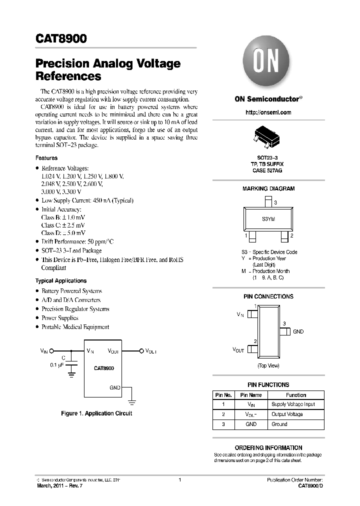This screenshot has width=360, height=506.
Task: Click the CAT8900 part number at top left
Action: (61, 39)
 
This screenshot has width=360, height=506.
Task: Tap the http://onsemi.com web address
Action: (268, 112)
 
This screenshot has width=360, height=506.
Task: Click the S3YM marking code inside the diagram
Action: (268, 219)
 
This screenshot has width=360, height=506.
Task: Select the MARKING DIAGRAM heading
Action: (268, 189)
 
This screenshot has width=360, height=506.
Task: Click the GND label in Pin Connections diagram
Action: (298, 331)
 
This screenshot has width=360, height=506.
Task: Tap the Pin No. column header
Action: (223, 395)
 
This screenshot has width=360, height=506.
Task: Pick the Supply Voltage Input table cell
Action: (293, 404)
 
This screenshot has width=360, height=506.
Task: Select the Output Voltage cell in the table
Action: (287, 414)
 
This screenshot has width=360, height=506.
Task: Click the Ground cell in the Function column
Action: (279, 424)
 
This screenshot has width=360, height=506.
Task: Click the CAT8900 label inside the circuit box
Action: (103, 368)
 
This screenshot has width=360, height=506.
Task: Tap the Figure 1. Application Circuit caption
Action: (96, 413)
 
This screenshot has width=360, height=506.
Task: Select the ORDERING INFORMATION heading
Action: (268, 447)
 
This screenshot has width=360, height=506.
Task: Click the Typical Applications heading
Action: (60, 281)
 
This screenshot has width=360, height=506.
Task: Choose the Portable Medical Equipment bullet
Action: (75, 327)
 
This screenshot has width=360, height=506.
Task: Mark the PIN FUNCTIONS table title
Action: (268, 384)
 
